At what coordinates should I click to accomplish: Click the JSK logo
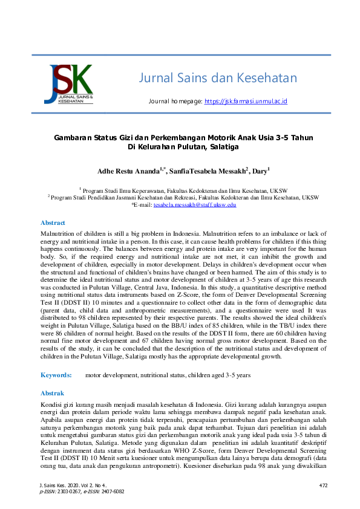pyautogui.click(x=68, y=84)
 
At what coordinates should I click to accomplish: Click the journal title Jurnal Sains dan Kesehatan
pyautogui.click(x=218, y=78)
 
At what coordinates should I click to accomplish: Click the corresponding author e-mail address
pyautogui.click(x=194, y=205)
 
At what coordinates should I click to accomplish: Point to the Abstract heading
pyautogui.click(x=53, y=222)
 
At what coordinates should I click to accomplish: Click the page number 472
pyautogui.click(x=323, y=485)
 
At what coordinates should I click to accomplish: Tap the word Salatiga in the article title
pyautogui.click(x=222, y=147)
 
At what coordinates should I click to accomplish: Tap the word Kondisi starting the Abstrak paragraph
pyautogui.click(x=52, y=404)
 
